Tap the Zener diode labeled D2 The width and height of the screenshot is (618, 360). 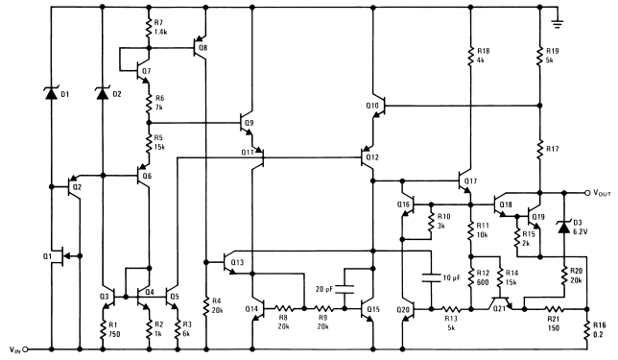coord(103,93)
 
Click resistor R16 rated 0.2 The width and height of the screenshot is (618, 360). coord(586,328)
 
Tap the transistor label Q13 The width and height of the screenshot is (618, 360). coord(237,262)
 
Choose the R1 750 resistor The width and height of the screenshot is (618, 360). coord(103,328)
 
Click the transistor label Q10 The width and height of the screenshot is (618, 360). coord(373,105)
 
